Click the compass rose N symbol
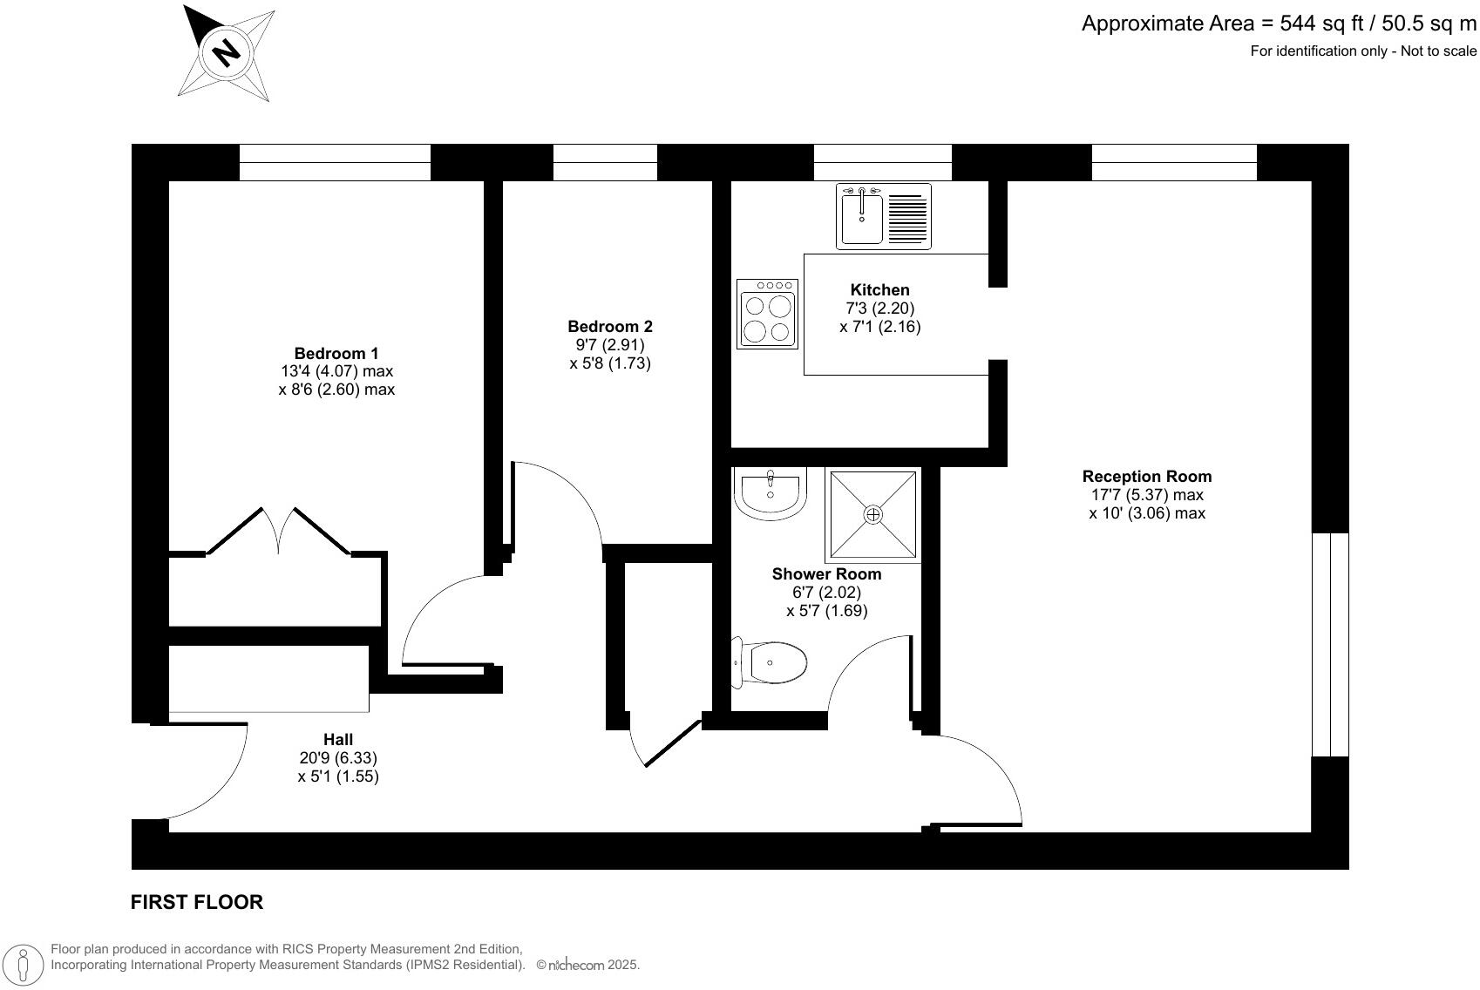click(x=227, y=54)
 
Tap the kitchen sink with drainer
click(x=884, y=215)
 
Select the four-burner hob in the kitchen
click(x=767, y=314)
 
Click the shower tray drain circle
click(x=873, y=515)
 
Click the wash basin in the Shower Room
click(x=771, y=493)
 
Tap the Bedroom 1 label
click(x=336, y=353)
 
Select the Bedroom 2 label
click(x=609, y=327)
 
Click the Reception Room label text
click(x=1146, y=477)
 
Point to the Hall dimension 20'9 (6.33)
click(x=338, y=758)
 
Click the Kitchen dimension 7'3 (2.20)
click(x=879, y=309)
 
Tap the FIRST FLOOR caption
click(x=196, y=903)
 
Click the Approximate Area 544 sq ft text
click(x=1279, y=24)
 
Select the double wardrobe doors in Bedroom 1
click(x=279, y=532)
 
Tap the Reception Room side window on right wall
click(x=1330, y=645)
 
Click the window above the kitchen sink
click(x=882, y=162)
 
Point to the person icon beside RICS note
click(x=24, y=965)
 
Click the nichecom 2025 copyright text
click(x=588, y=966)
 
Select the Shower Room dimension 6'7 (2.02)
click(x=826, y=593)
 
